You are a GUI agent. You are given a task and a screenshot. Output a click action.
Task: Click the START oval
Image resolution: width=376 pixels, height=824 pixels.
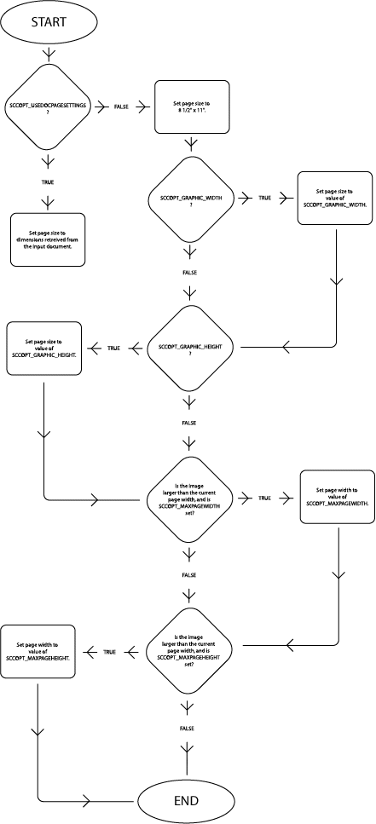pos(48,22)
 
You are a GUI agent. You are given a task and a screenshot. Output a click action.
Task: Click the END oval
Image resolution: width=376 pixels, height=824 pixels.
pos(186,801)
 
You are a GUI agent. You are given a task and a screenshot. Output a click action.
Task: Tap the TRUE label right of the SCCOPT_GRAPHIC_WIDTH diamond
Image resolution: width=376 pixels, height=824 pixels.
pos(266,198)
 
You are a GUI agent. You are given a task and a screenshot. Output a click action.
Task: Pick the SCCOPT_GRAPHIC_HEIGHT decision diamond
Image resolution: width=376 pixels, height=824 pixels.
pos(189,349)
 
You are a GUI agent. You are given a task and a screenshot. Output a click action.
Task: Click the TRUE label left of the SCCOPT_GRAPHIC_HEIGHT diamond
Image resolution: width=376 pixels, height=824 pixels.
pos(113,348)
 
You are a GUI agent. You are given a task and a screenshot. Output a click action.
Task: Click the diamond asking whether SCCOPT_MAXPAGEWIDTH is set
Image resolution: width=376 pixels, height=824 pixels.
pos(189,497)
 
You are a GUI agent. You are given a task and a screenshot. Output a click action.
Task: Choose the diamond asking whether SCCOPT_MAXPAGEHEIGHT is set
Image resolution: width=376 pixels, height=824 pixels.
pos(189,652)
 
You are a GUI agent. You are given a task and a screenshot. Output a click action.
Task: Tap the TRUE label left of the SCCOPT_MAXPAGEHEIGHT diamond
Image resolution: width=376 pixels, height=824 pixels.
pos(109,652)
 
